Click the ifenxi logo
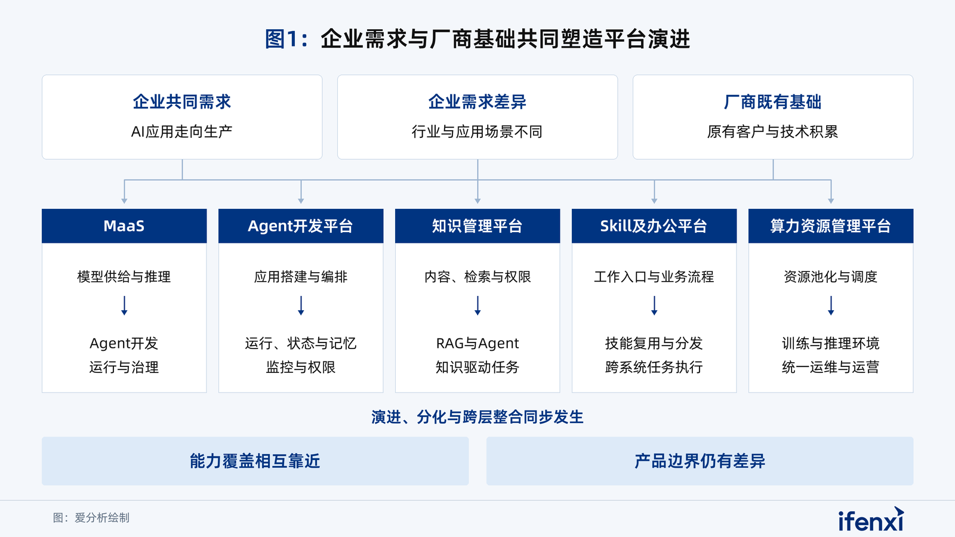pyautogui.click(x=871, y=519)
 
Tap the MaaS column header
pyautogui.click(x=124, y=226)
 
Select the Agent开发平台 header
pyautogui.click(x=301, y=226)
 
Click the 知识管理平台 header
pyautogui.click(x=478, y=226)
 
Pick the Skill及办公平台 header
pyautogui.click(x=654, y=226)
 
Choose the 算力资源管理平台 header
pyautogui.click(x=831, y=226)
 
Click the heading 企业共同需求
pyautogui.click(x=182, y=102)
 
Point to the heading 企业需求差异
pyautogui.click(x=478, y=102)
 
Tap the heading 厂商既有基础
pyautogui.click(x=773, y=102)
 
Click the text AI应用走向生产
pyautogui.click(x=182, y=132)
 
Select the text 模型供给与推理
pyautogui.click(x=124, y=277)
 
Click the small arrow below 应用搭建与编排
pyautogui.click(x=301, y=305)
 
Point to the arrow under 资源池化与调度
pyautogui.click(x=831, y=305)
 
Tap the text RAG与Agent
pyautogui.click(x=478, y=343)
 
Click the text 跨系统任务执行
pyautogui.click(x=654, y=367)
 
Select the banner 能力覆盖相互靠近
pyautogui.click(x=255, y=461)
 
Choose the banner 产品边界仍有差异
pyautogui.click(x=700, y=461)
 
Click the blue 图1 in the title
pyautogui.click(x=281, y=39)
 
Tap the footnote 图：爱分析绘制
pyautogui.click(x=91, y=518)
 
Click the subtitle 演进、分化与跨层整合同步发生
pyautogui.click(x=478, y=417)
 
